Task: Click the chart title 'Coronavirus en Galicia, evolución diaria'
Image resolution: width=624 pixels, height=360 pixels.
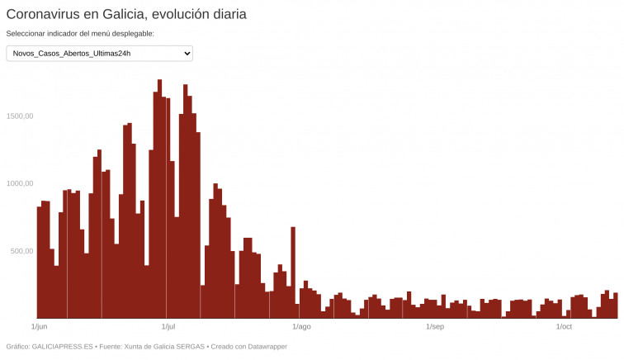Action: pos(126,14)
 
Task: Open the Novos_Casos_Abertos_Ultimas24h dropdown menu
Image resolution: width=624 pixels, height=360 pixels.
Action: pos(99,54)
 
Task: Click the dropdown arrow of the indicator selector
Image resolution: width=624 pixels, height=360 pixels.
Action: pos(187,54)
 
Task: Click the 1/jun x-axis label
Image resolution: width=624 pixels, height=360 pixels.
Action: pos(39,327)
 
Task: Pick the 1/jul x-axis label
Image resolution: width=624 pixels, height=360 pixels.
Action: pos(168,327)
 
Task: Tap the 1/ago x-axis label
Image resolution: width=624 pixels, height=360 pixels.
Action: pos(301,327)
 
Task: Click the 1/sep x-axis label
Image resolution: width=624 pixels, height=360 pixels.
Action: pos(435,327)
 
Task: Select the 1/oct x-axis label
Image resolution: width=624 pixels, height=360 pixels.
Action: pos(564,327)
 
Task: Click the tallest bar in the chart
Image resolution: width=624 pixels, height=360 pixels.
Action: pos(159,198)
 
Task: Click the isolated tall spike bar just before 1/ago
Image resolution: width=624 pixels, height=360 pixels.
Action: pos(293,272)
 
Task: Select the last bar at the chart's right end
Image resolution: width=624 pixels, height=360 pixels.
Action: pos(615,306)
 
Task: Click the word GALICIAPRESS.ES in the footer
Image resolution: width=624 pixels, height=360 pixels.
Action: pos(62,347)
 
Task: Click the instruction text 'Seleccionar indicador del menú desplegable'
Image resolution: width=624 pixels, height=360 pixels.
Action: pos(80,34)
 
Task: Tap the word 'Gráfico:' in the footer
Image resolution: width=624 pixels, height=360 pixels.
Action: pos(17,347)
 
